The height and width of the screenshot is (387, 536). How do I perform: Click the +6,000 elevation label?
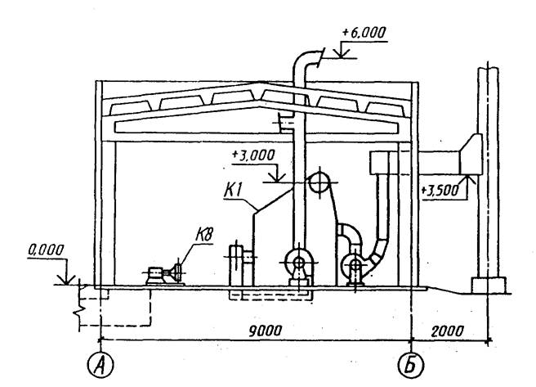[364, 33]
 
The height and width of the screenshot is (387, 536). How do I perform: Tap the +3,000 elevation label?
[253, 155]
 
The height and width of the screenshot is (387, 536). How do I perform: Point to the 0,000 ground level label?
[46, 250]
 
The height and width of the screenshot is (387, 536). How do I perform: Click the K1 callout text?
[233, 191]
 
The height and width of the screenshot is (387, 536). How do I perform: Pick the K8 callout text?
[204, 236]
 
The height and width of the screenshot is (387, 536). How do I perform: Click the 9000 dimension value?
[266, 331]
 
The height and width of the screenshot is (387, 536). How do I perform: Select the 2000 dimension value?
[448, 331]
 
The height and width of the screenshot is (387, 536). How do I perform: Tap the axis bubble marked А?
[100, 365]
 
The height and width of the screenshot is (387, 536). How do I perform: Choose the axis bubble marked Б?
[410, 365]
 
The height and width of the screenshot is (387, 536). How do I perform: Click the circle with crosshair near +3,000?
[319, 182]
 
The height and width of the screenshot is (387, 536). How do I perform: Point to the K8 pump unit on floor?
[164, 275]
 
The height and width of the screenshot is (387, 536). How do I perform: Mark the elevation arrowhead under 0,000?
[67, 279]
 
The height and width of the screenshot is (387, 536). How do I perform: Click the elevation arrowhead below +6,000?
[342, 53]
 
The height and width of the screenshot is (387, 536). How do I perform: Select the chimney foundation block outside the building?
[489, 286]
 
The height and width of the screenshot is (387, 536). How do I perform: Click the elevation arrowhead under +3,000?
[277, 177]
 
